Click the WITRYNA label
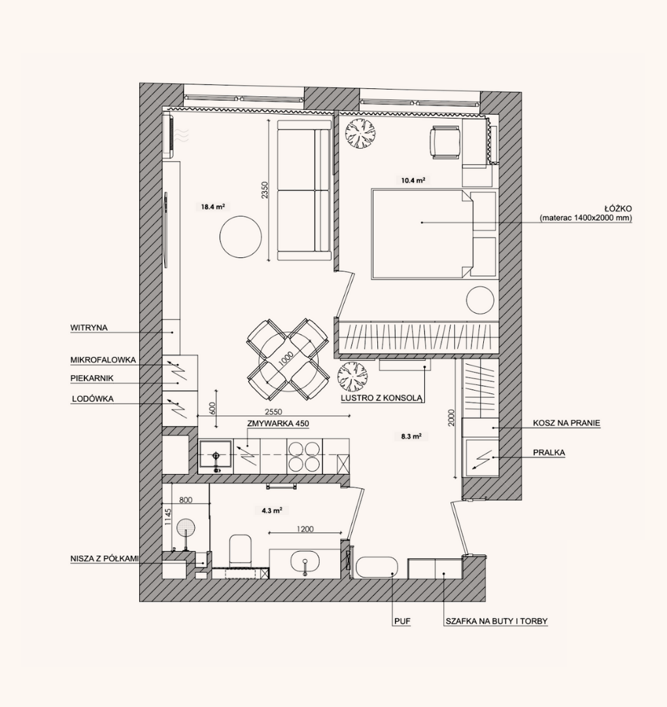pyautogui.click(x=89, y=328)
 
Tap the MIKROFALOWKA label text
pyautogui.click(x=103, y=360)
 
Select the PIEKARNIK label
pyautogui.click(x=92, y=378)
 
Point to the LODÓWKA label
pyautogui.click(x=93, y=399)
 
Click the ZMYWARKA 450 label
pyautogui.click(x=278, y=424)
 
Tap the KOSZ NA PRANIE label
pyautogui.click(x=566, y=423)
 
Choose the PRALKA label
pyautogui.click(x=549, y=452)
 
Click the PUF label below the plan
pyautogui.click(x=403, y=621)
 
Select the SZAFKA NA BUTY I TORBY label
pyautogui.click(x=497, y=621)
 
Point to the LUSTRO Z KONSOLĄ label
pyautogui.click(x=381, y=398)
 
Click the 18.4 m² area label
pyautogui.click(x=213, y=207)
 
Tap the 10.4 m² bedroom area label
pyautogui.click(x=413, y=181)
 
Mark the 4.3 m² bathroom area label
pyautogui.click(x=272, y=511)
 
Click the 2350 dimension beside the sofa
pyautogui.click(x=264, y=190)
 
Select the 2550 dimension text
pyautogui.click(x=273, y=412)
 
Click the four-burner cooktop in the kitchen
pyautogui.click(x=305, y=456)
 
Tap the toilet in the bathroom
pyautogui.click(x=240, y=551)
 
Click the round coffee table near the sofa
pyautogui.click(x=241, y=237)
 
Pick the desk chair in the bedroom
pyautogui.click(x=445, y=143)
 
